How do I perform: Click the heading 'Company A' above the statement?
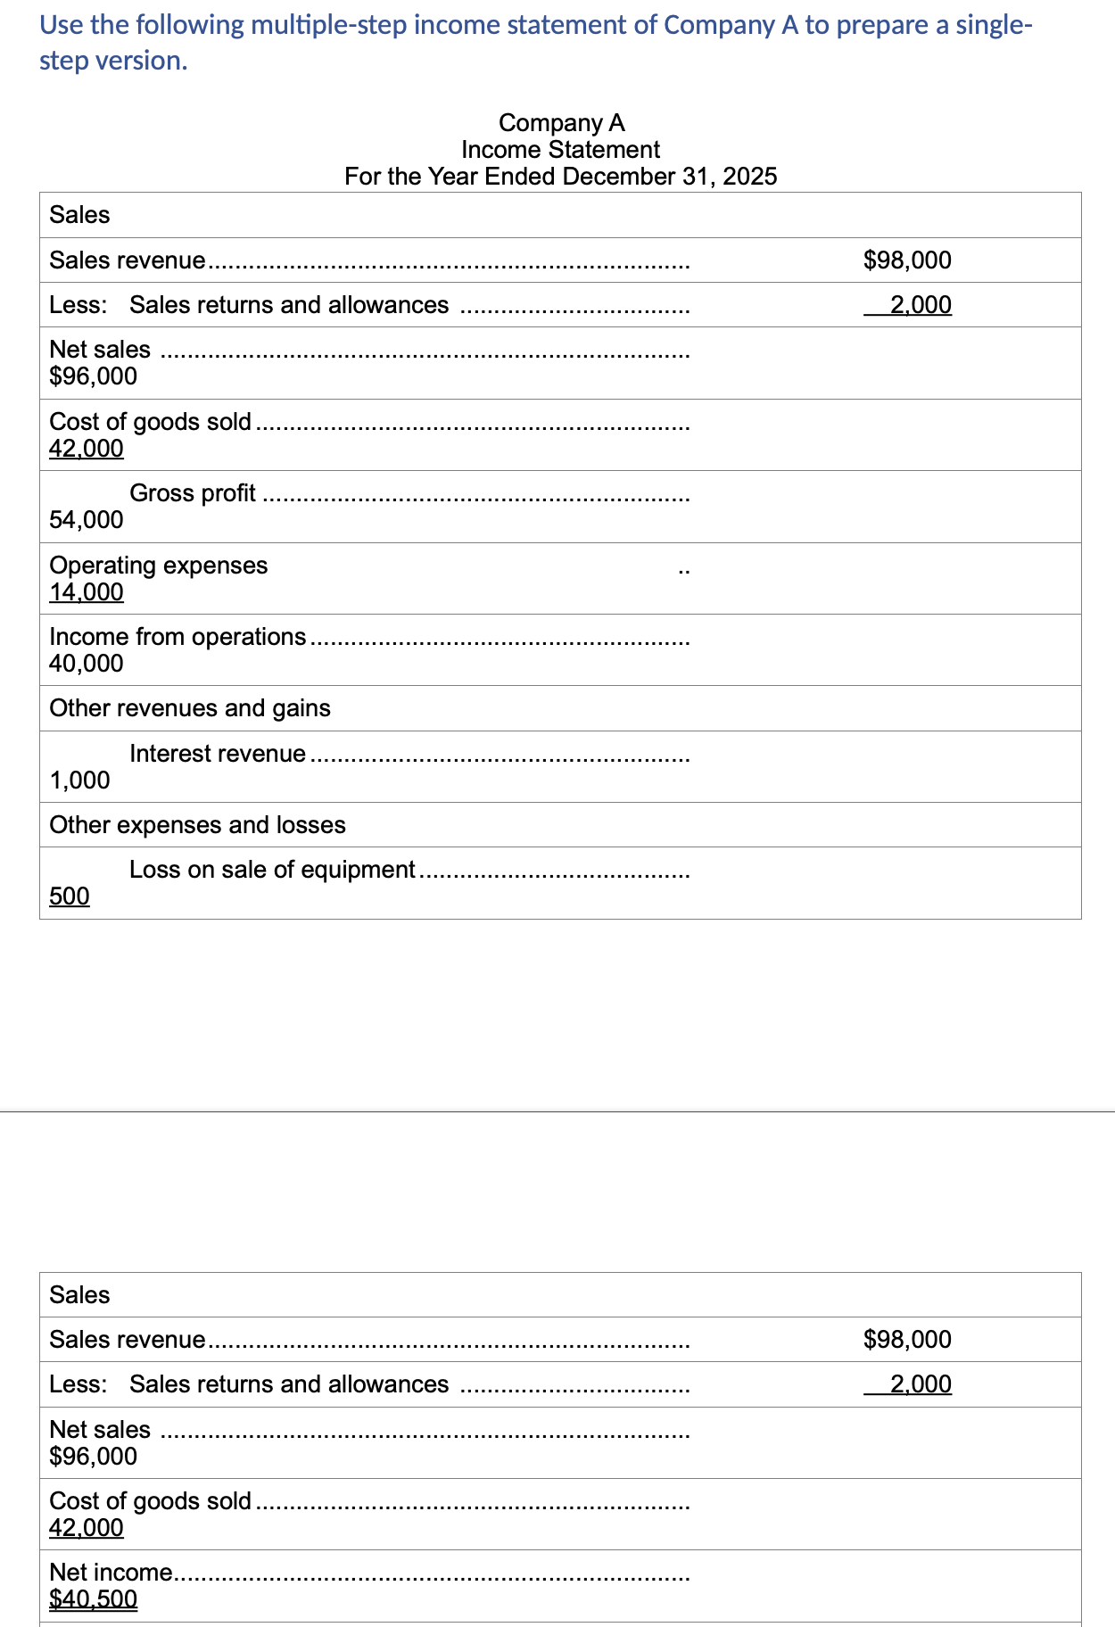click(561, 122)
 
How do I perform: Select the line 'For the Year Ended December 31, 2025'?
click(560, 176)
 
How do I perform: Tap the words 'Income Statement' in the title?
click(560, 149)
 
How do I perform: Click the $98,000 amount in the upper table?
click(907, 260)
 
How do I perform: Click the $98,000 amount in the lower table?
click(907, 1339)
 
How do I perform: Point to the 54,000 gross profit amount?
click(87, 520)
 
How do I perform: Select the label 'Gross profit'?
click(193, 493)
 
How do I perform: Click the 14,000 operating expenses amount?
click(87, 592)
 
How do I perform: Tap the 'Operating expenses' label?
click(158, 566)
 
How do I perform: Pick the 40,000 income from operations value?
click(87, 664)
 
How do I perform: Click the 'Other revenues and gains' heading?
click(190, 708)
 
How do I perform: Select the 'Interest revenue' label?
click(218, 754)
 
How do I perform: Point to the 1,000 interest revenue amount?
click(79, 780)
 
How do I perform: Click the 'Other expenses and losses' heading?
click(197, 825)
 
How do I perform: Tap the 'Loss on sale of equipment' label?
click(272, 870)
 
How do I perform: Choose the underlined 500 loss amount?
click(70, 896)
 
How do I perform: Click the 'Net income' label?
click(111, 1573)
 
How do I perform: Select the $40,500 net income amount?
click(93, 1599)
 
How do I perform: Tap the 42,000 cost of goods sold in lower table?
click(87, 1528)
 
